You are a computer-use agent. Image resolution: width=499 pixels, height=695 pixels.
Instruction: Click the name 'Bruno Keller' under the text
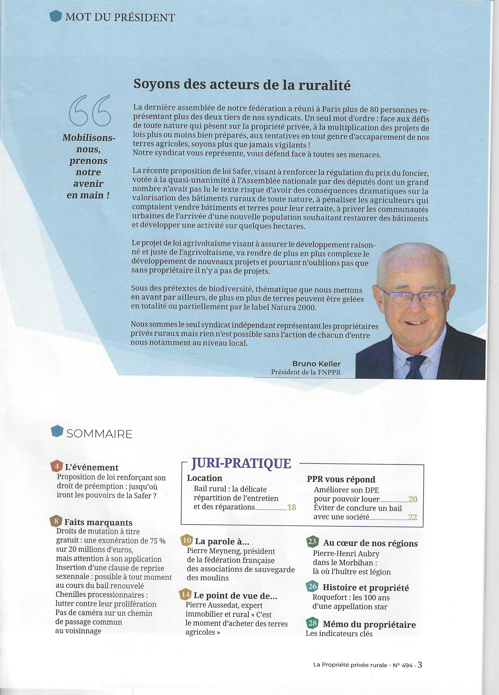(316, 364)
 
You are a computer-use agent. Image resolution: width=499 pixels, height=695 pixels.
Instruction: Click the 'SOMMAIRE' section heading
(99, 434)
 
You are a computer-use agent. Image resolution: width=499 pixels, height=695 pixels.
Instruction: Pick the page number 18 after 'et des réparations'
(292, 507)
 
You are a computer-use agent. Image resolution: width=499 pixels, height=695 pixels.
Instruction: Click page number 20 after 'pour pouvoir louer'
(413, 499)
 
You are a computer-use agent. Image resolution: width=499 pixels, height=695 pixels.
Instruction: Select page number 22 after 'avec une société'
(413, 517)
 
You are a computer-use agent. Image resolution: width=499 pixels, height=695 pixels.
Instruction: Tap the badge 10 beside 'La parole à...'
(187, 541)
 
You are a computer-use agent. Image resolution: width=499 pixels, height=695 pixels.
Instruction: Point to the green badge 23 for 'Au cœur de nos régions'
(312, 542)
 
